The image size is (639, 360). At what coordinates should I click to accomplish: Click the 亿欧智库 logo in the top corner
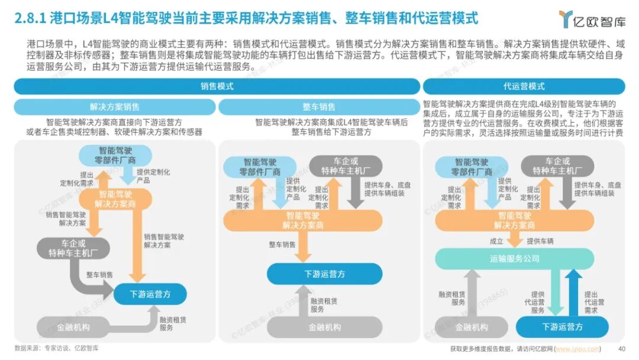click(592, 19)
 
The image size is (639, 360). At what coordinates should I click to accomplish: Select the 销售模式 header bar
click(217, 86)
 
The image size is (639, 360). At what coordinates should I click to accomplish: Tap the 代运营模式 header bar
click(524, 86)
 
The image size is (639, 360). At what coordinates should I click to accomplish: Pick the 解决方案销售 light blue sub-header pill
click(115, 107)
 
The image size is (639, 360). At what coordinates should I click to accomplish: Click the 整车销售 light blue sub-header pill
click(319, 107)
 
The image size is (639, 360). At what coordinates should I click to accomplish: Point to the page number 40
click(621, 348)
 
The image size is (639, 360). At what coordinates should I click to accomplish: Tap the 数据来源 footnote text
click(57, 348)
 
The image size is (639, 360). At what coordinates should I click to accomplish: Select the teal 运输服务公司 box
click(515, 259)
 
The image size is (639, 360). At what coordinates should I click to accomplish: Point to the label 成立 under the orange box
click(496, 241)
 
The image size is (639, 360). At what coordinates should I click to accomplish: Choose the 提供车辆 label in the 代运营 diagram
click(540, 241)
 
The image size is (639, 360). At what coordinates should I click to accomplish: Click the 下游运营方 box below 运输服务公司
click(563, 327)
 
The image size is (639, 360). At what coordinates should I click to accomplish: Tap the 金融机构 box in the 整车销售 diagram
click(325, 327)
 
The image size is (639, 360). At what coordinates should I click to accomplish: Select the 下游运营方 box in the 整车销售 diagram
click(325, 274)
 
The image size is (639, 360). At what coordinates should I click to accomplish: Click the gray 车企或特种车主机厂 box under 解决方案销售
click(73, 249)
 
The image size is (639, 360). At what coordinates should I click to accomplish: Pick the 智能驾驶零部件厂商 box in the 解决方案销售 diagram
click(116, 156)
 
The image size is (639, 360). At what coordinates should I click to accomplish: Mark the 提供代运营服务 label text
click(537, 302)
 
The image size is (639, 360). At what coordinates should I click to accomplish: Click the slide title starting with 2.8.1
click(246, 19)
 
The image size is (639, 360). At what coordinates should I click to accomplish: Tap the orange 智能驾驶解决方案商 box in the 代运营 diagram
click(515, 220)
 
